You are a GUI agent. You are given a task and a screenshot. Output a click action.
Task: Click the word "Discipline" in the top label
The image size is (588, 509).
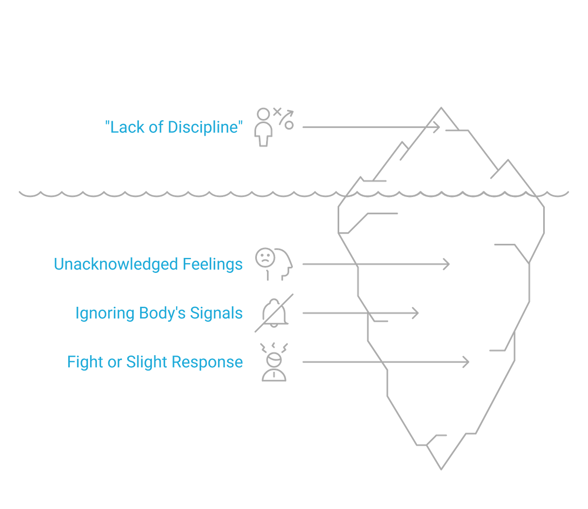(203, 127)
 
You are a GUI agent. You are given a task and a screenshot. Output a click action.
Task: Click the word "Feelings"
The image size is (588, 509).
(212, 264)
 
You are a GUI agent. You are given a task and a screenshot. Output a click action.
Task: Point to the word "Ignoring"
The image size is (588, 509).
(104, 313)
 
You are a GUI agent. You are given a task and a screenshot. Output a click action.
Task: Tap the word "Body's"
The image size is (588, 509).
(162, 313)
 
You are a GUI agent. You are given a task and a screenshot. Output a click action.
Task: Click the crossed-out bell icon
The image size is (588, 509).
(274, 313)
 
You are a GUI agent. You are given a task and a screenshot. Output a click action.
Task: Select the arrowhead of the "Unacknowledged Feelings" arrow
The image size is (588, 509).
(447, 264)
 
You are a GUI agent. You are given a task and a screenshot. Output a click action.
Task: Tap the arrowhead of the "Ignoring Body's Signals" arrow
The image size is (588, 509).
(417, 313)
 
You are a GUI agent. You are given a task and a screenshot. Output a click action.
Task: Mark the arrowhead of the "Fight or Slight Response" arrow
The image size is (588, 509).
(467, 362)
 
